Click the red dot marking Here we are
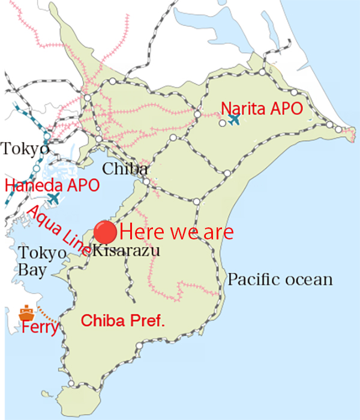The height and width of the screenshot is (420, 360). [106, 231]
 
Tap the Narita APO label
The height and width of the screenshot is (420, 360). [261, 109]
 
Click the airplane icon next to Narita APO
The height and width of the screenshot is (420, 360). [234, 119]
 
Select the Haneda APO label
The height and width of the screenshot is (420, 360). [52, 185]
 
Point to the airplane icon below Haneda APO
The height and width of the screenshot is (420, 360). [54, 197]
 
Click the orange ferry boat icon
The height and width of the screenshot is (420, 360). [26, 313]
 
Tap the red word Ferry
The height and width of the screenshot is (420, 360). [40, 328]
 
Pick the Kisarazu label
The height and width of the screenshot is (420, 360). [126, 251]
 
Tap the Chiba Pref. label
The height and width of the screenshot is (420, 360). [122, 320]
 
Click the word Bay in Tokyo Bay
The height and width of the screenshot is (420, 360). [31, 270]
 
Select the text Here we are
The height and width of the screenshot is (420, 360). [176, 232]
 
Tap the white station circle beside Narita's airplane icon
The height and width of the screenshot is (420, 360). [222, 123]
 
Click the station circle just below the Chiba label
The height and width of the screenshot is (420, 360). [146, 181]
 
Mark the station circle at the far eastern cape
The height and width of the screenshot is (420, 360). [340, 130]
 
